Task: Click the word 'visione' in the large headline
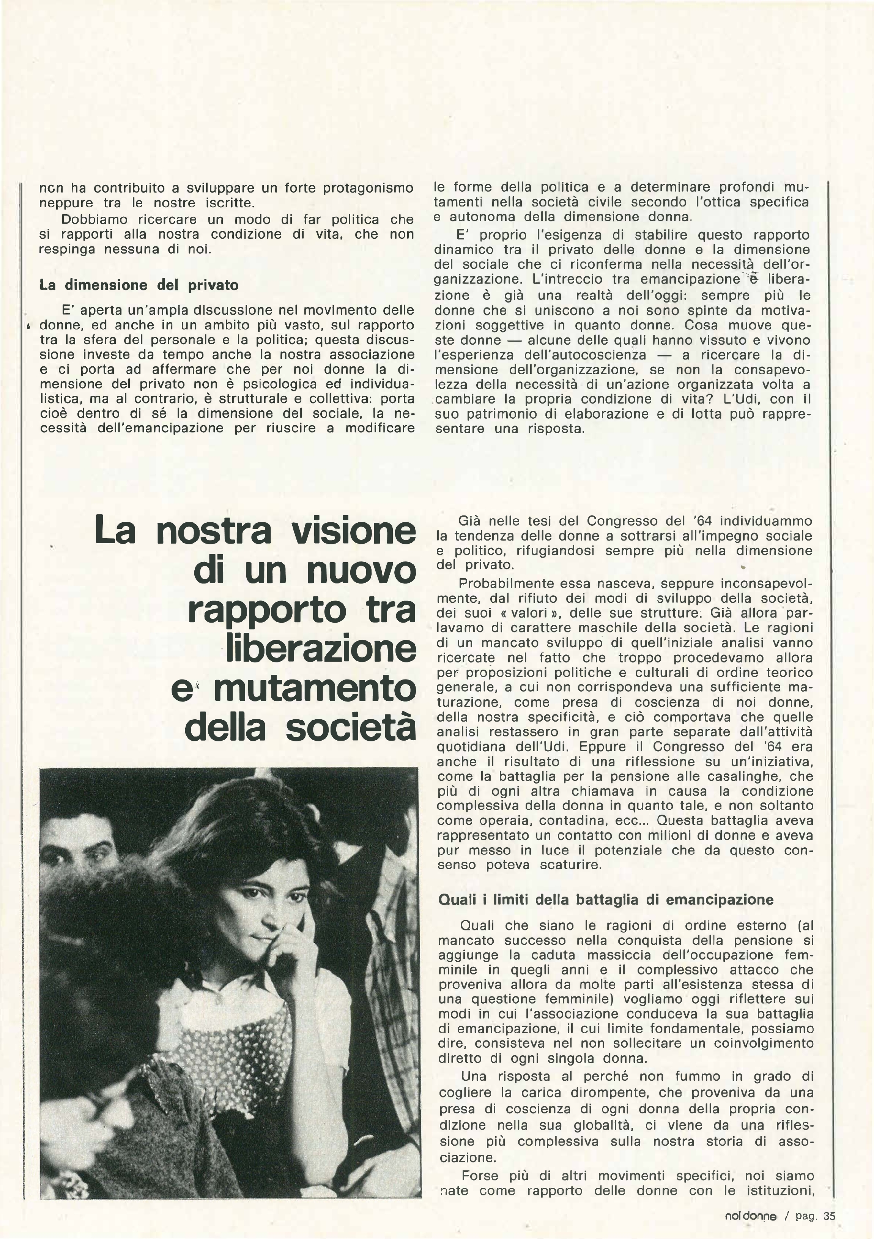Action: [x=353, y=530]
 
